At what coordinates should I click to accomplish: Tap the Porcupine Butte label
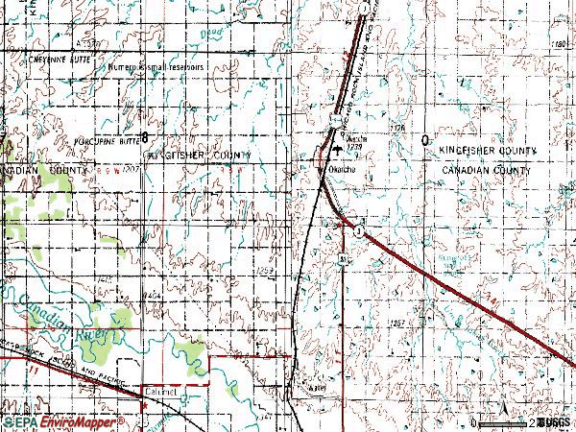point(106,140)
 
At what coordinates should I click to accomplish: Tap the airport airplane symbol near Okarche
point(336,149)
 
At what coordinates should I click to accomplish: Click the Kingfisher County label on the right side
point(488,152)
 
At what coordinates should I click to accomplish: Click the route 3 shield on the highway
point(357,231)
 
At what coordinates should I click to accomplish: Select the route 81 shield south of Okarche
point(342,260)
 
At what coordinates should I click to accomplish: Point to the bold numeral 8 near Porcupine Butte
point(145,134)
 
